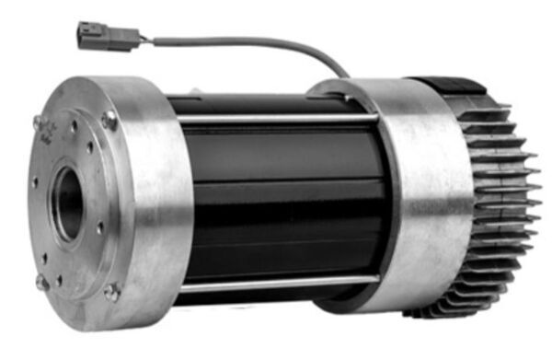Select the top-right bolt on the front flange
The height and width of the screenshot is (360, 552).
point(109,119)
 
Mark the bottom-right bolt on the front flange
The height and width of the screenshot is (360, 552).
point(112,293)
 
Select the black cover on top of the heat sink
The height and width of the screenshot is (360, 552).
point(451,86)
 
